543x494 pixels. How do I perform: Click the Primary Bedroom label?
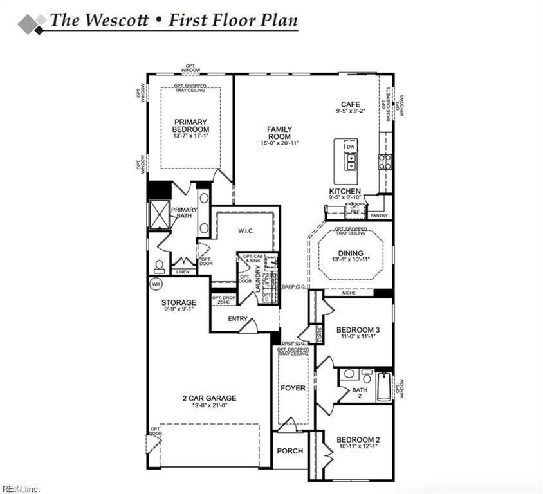(x=190, y=125)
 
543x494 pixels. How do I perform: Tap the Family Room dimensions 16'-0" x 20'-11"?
(x=279, y=143)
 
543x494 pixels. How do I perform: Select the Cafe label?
(x=350, y=104)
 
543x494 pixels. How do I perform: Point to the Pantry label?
(x=379, y=216)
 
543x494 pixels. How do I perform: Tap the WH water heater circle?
(x=155, y=284)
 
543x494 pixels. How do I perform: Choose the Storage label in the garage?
(x=179, y=302)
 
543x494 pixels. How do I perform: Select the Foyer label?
(x=293, y=389)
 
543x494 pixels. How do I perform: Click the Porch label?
(x=290, y=451)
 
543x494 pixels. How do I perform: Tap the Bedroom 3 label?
(x=358, y=330)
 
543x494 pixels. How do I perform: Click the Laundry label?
(x=257, y=280)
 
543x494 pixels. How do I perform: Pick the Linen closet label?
(x=182, y=272)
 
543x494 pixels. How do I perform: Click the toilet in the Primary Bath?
(x=158, y=265)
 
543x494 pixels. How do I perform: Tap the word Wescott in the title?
(x=111, y=20)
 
